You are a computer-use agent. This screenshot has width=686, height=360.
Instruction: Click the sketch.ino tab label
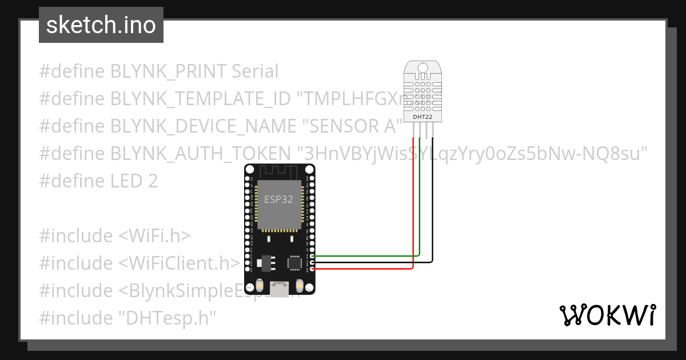click(101, 25)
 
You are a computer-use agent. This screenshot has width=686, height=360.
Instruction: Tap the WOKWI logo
click(607, 315)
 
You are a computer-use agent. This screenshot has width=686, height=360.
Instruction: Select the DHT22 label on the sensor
click(422, 117)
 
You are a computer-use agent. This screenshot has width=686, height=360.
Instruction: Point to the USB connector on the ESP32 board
click(280, 289)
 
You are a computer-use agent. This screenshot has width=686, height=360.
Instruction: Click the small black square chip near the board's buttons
click(294, 263)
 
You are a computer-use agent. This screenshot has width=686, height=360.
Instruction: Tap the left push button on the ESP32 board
click(260, 285)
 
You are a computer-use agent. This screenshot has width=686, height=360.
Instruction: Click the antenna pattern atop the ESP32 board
click(280, 171)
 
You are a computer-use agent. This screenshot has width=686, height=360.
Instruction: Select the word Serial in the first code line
click(255, 71)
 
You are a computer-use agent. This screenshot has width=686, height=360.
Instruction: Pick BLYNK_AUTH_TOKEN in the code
click(201, 153)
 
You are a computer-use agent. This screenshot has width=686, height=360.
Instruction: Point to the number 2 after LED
click(153, 181)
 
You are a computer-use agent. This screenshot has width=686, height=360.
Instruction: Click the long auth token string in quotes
click(472, 153)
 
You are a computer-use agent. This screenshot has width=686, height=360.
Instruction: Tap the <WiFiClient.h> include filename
click(179, 263)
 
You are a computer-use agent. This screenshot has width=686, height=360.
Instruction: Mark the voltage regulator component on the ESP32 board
click(265, 262)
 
